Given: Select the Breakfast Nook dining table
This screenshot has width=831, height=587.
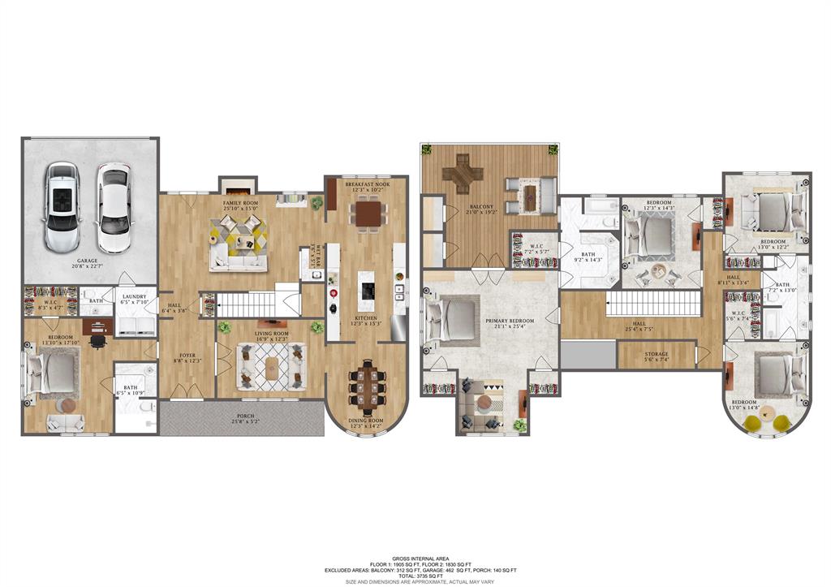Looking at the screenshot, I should (368, 214).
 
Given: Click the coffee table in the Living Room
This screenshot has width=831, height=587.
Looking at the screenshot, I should (272, 368).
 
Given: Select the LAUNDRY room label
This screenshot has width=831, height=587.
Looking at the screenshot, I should (134, 297).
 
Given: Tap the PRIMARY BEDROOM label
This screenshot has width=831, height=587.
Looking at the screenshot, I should (509, 322).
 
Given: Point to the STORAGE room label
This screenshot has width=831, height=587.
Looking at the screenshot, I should (657, 354).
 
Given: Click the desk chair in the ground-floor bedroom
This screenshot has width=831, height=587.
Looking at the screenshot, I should (97, 341).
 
